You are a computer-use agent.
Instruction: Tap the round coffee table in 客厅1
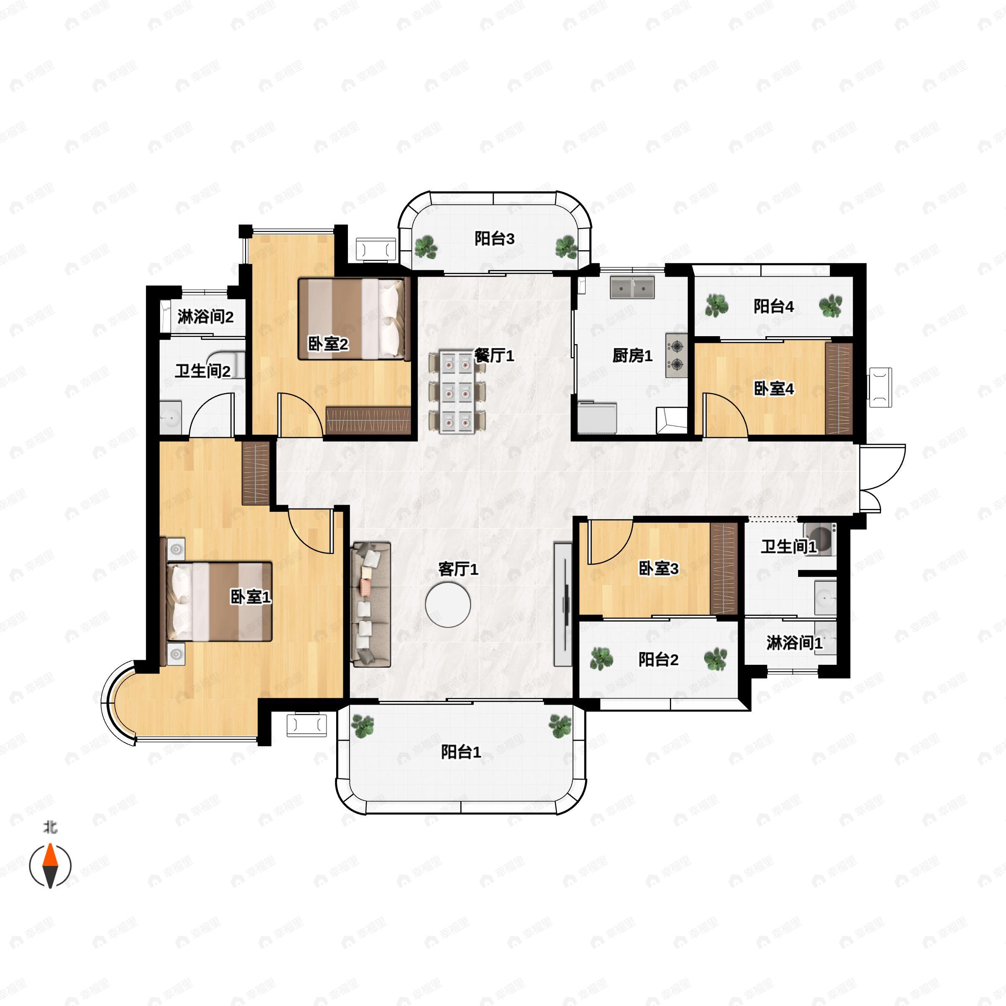[448, 604]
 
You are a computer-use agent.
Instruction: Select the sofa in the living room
[371, 604]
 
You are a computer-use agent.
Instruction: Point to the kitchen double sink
[633, 287]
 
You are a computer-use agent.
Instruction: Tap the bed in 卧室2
[352, 319]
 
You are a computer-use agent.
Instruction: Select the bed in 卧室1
[219, 601]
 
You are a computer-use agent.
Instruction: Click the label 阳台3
[494, 239]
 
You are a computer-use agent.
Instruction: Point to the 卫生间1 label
[788, 547]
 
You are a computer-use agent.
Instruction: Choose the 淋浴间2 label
[205, 316]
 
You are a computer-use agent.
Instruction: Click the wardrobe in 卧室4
[839, 389]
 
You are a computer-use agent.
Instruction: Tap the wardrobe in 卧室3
[724, 569]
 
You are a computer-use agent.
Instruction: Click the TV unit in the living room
[563, 604]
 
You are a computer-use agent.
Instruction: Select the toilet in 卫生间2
[226, 363]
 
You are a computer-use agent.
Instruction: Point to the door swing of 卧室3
[610, 542]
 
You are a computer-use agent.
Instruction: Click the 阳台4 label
[774, 306]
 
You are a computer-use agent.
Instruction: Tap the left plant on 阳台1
[363, 726]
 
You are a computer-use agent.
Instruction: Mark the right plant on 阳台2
[716, 659]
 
